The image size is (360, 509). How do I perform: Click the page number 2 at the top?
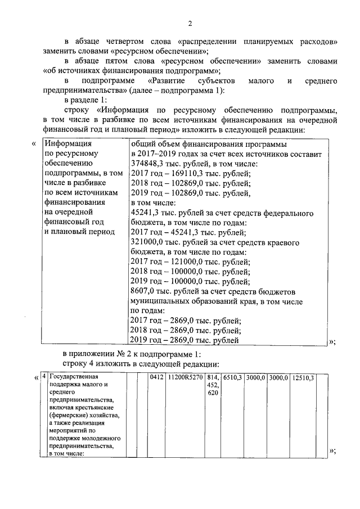[190, 23]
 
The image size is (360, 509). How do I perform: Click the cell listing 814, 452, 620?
[213, 385]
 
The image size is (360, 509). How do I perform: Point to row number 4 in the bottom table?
[44, 377]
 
